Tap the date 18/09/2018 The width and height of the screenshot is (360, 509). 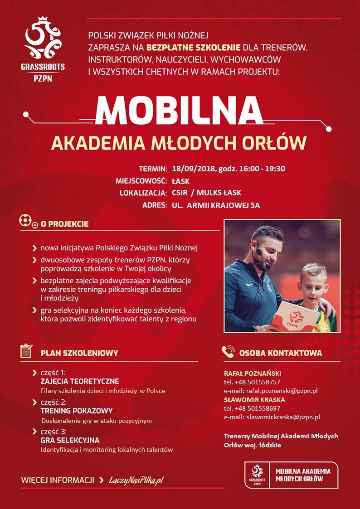point(192,169)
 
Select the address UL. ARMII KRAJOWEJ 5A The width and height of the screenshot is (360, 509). point(216,205)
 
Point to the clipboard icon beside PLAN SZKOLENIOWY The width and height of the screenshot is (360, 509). point(27,351)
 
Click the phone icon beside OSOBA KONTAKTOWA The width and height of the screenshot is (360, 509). point(228,352)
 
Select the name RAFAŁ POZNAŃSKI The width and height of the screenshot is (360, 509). point(253,373)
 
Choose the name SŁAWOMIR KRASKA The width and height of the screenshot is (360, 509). point(254,400)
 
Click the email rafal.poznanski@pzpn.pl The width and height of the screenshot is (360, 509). point(281,390)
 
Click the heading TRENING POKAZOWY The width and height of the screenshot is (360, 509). point(77,411)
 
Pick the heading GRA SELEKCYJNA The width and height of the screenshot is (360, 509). point(70,440)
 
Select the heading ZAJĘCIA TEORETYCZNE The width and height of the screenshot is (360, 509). point(80,381)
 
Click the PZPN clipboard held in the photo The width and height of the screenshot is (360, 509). point(295,317)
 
